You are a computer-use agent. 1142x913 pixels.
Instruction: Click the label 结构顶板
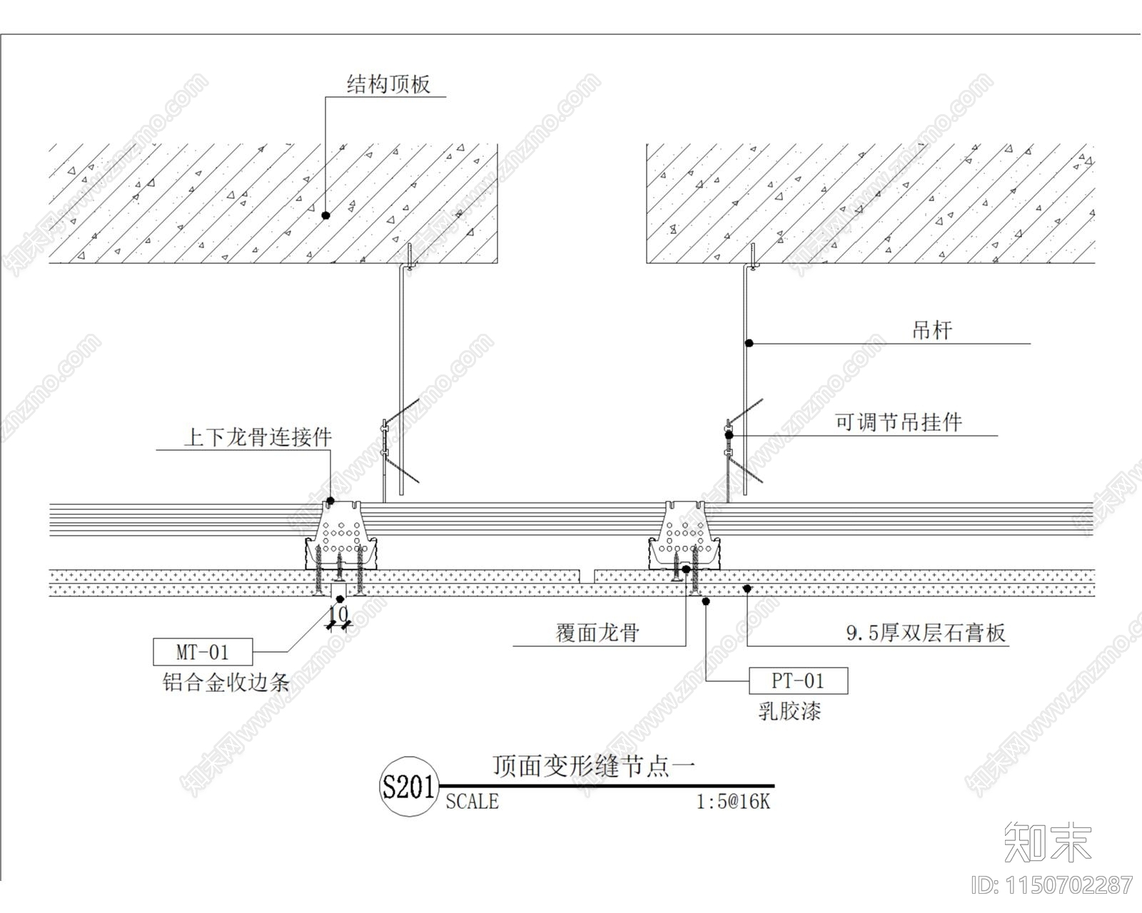tap(388, 85)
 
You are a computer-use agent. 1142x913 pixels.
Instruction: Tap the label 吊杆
tap(931, 330)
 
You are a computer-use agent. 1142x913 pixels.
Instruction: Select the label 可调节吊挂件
tap(899, 422)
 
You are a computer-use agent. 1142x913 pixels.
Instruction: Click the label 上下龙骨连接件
tap(258, 437)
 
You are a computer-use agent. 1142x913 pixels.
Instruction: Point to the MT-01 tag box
tap(202, 652)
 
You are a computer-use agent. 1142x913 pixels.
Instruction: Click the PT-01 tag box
tap(798, 681)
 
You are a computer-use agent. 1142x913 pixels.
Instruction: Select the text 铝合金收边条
tap(226, 683)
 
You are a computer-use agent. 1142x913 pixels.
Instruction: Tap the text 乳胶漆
tap(789, 711)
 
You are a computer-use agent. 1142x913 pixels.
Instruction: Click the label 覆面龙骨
tap(597, 633)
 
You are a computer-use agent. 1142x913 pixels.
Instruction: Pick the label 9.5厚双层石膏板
tap(926, 633)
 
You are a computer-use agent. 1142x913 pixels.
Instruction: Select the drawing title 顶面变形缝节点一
tap(594, 766)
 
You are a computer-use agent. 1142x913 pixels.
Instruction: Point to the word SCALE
tap(472, 802)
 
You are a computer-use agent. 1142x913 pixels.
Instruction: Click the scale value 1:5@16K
tap(733, 802)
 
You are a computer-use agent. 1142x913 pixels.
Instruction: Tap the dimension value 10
tap(339, 613)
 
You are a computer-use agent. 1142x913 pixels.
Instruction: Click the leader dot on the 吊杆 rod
tap(749, 343)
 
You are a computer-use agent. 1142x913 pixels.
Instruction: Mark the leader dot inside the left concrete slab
tap(325, 215)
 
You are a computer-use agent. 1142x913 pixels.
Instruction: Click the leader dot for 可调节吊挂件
tap(729, 434)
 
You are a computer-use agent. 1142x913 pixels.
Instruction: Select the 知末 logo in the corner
tap(1047, 842)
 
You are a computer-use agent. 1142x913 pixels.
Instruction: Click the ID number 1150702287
tap(1053, 885)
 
